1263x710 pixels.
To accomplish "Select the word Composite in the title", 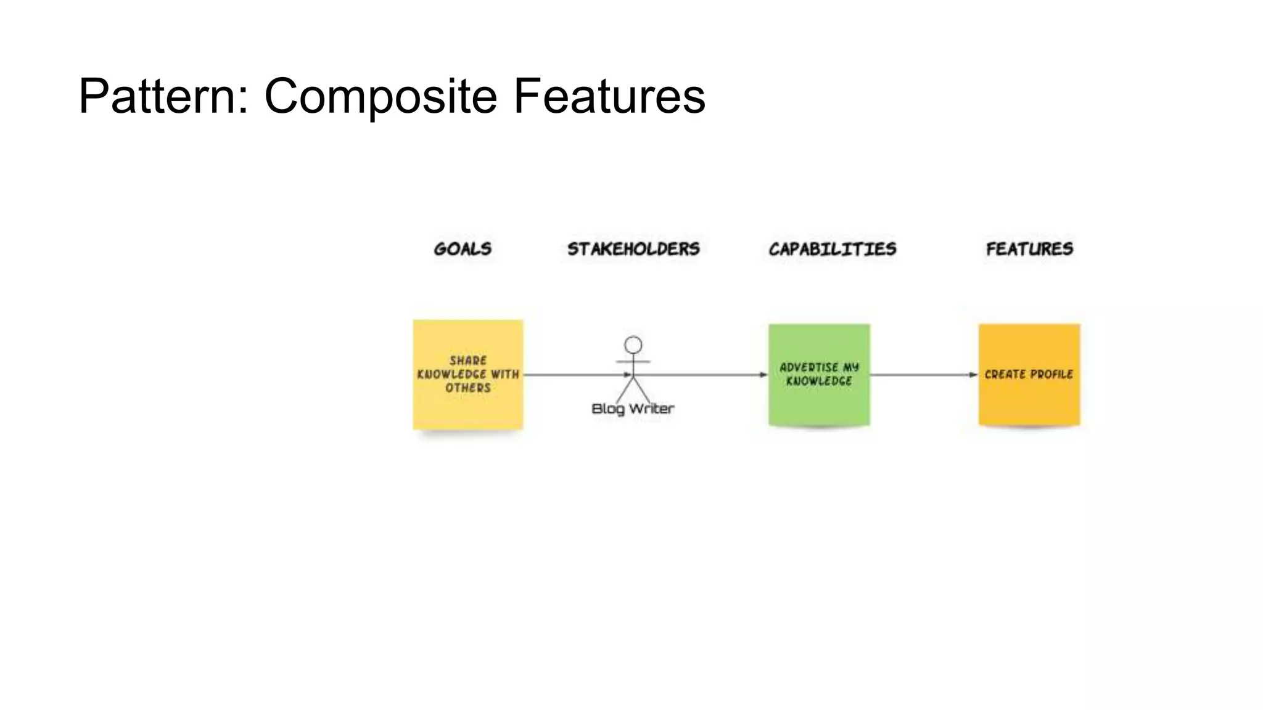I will (x=381, y=96).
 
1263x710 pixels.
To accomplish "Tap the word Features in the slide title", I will (x=609, y=96).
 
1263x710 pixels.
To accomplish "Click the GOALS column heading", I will (x=463, y=249).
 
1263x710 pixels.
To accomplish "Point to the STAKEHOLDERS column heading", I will (x=633, y=249).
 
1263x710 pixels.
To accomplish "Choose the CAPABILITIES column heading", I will (x=832, y=249).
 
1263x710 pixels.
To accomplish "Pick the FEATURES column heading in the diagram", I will (x=1029, y=249).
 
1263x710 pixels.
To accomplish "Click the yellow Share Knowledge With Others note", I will (x=468, y=407).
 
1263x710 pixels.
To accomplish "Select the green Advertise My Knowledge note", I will (x=819, y=404).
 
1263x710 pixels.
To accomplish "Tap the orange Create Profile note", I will (x=1029, y=401).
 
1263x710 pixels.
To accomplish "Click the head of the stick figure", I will (x=633, y=345).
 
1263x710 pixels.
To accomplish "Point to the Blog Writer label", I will (x=633, y=409).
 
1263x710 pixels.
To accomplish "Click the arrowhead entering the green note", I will (x=763, y=375).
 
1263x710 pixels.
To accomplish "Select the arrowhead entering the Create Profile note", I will (x=974, y=375).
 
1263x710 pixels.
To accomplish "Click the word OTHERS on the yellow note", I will (x=468, y=388).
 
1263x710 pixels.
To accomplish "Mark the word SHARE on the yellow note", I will (x=468, y=361).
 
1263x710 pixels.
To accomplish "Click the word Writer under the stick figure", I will (x=651, y=409).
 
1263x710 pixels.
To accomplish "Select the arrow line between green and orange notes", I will (x=922, y=375).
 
